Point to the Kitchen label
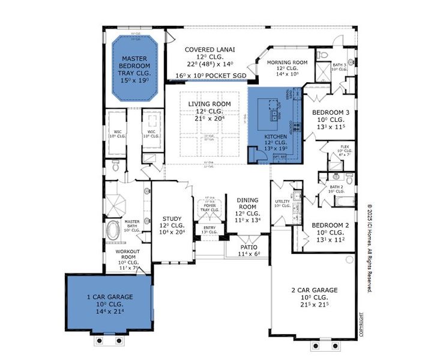point(276,137)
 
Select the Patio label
point(249,247)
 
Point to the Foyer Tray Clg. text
point(209,208)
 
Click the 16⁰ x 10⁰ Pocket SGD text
point(212,76)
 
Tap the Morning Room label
point(287,62)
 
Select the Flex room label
point(345,146)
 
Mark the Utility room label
point(282,202)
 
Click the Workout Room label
point(128,251)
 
